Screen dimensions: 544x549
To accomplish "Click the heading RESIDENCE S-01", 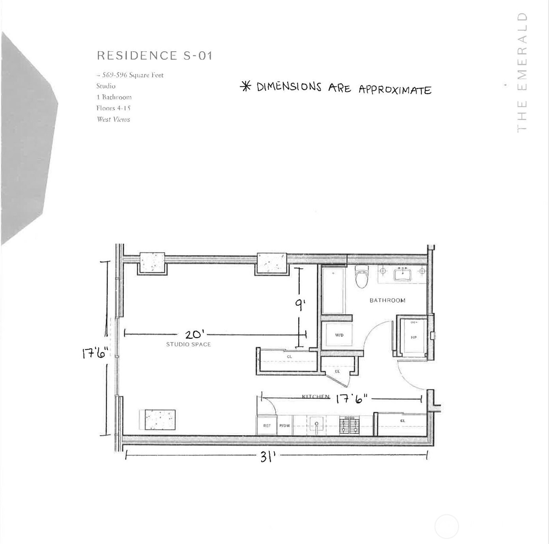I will click(x=155, y=56).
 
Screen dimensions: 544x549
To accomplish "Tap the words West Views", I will click(x=113, y=119).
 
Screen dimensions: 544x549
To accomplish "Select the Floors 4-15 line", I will click(x=113, y=108).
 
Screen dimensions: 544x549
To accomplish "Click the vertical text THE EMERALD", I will click(x=522, y=73).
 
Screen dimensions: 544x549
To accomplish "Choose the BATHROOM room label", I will click(x=387, y=301).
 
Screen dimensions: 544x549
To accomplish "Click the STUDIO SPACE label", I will click(x=188, y=344).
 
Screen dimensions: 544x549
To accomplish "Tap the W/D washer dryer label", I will click(x=339, y=335).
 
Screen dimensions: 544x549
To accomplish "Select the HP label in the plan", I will click(x=413, y=338).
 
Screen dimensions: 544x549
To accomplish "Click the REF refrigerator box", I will click(x=267, y=426).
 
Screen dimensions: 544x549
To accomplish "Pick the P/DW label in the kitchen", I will click(x=284, y=426).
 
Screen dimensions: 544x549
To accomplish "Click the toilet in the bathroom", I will click(x=361, y=277).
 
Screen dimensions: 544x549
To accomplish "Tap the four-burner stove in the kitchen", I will click(x=349, y=426).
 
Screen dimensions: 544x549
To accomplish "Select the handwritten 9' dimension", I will click(x=300, y=305).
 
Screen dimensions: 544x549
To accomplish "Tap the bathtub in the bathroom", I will click(x=334, y=291).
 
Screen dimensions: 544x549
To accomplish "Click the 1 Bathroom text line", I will click(x=114, y=97).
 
